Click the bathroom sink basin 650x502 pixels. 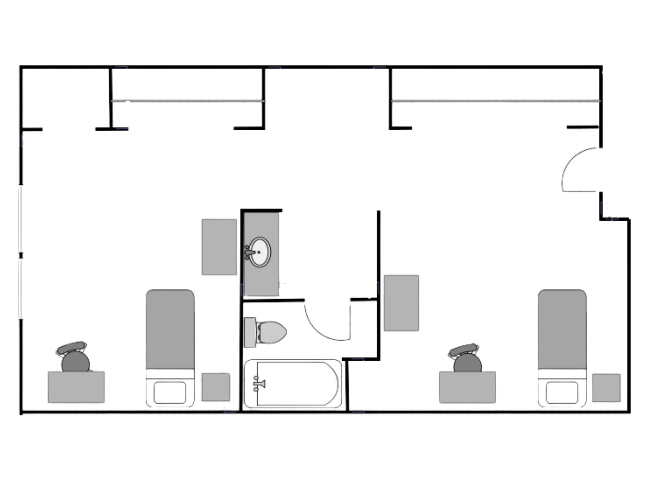tap(260, 252)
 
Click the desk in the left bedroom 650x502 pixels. tap(76, 387)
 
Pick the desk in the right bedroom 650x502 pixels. tap(467, 387)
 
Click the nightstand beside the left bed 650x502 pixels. tap(215, 387)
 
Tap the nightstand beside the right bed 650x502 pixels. tap(606, 388)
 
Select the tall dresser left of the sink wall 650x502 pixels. tap(219, 247)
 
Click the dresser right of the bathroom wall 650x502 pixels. tap(401, 303)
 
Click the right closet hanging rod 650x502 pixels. tap(495, 101)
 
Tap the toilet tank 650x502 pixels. tap(250, 332)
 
